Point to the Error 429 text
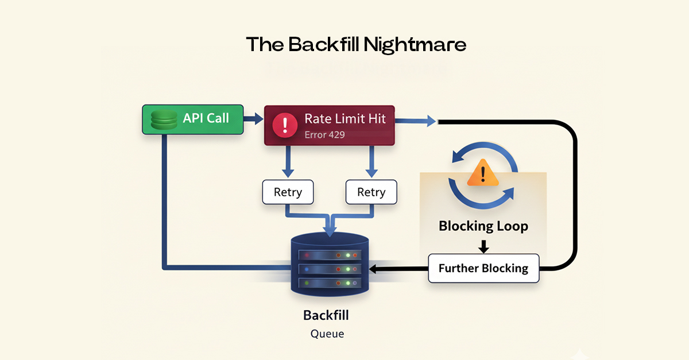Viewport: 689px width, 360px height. [324, 135]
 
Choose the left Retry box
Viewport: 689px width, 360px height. [288, 192]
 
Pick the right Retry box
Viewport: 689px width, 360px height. [371, 192]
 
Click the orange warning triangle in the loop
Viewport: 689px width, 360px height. [483, 173]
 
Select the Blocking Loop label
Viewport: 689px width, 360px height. [483, 226]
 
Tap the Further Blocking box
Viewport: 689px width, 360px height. [483, 268]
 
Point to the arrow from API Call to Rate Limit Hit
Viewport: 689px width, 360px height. [253, 119]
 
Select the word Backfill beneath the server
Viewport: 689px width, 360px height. [326, 315]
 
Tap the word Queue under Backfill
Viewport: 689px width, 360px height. [327, 333]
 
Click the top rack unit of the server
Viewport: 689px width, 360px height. [329, 254]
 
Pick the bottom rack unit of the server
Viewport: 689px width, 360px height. [329, 282]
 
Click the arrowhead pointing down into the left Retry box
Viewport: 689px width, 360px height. [288, 174]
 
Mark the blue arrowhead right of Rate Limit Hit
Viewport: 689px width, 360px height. [430, 121]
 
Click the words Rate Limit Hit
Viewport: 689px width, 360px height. [345, 119]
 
